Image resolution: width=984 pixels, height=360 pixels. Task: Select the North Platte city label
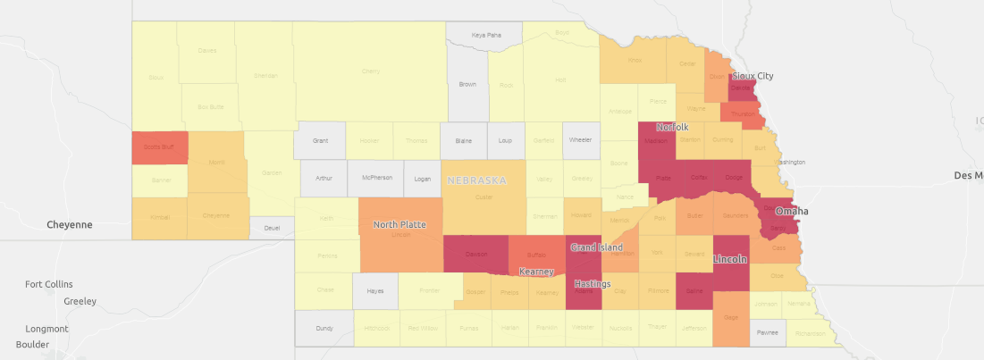[x=399, y=224]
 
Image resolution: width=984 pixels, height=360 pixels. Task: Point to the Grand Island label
[x=596, y=247]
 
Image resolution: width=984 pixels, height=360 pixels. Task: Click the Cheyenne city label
[x=71, y=225]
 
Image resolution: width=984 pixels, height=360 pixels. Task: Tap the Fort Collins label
[x=48, y=284]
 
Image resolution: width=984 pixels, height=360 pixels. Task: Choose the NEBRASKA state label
[x=476, y=180]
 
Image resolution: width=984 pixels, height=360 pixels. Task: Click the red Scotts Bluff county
[x=159, y=147]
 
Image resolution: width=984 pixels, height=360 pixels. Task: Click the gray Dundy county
[x=324, y=328]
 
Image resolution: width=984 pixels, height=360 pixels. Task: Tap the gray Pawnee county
[x=767, y=332]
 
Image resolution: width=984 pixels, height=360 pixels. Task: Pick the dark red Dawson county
[x=475, y=254]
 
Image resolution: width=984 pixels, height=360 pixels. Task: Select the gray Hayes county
[x=374, y=290]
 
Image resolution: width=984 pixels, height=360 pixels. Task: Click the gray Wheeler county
[x=581, y=140]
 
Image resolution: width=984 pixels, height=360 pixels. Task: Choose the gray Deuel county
[x=272, y=228]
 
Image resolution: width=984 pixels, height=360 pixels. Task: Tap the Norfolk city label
[x=673, y=127]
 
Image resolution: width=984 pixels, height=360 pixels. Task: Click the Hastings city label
[x=593, y=284]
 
